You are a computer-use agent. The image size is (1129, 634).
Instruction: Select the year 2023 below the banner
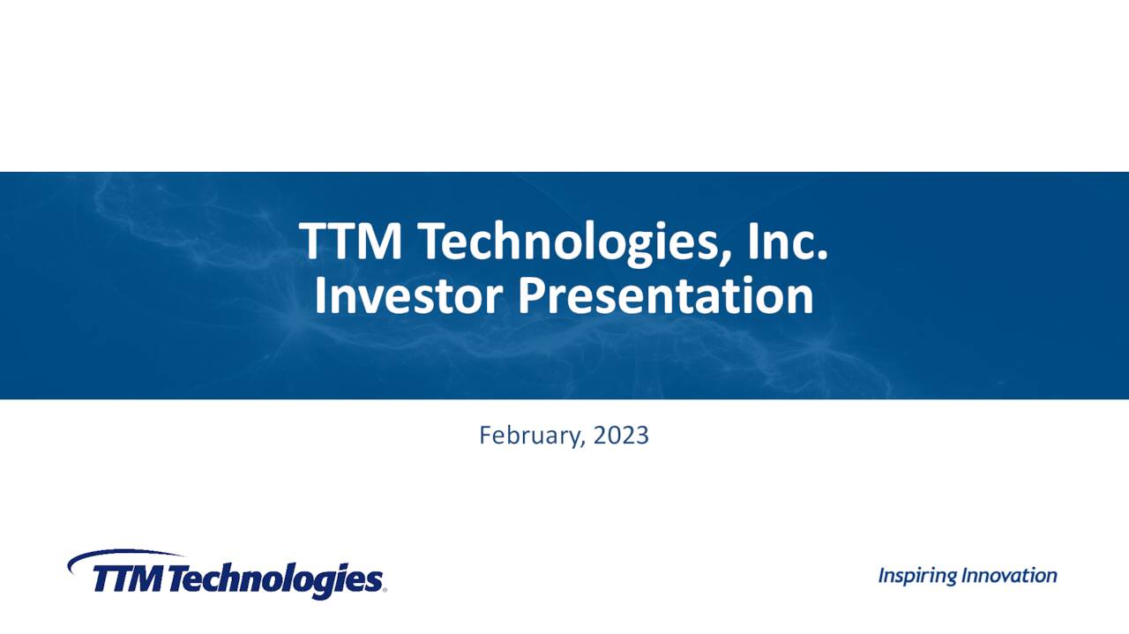tap(621, 435)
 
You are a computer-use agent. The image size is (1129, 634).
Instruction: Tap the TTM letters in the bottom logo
tap(128, 580)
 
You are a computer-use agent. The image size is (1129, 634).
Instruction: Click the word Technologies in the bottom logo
tap(273, 580)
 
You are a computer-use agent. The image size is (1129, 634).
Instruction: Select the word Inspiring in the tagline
tap(917, 576)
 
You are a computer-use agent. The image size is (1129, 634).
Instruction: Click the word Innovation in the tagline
tap(1009, 576)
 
